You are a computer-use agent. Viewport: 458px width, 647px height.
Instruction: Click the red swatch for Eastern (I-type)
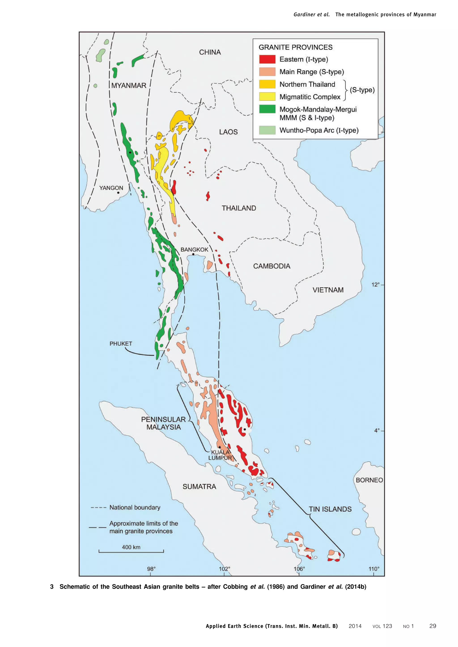267,59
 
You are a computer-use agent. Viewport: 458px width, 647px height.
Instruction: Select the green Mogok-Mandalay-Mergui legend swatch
267,109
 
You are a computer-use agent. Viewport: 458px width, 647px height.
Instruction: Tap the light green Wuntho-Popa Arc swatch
267,130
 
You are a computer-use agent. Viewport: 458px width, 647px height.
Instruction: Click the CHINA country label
210,52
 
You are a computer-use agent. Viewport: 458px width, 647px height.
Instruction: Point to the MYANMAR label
129,85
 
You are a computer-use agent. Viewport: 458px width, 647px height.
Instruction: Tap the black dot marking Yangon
118,193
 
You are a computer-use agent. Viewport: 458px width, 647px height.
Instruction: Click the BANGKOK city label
194,249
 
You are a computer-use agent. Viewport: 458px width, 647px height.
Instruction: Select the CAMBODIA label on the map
271,266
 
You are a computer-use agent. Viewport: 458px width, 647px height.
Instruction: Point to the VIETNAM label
328,290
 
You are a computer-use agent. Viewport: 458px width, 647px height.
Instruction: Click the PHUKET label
121,344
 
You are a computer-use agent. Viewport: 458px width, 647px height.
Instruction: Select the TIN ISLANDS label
330,509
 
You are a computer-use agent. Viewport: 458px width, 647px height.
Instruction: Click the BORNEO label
369,480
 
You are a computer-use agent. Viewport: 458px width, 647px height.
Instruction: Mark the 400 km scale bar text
131,547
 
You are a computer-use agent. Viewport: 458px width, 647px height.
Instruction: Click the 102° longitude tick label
225,569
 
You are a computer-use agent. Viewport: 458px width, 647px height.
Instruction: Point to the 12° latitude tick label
375,285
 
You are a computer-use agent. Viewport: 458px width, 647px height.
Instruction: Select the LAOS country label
228,132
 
